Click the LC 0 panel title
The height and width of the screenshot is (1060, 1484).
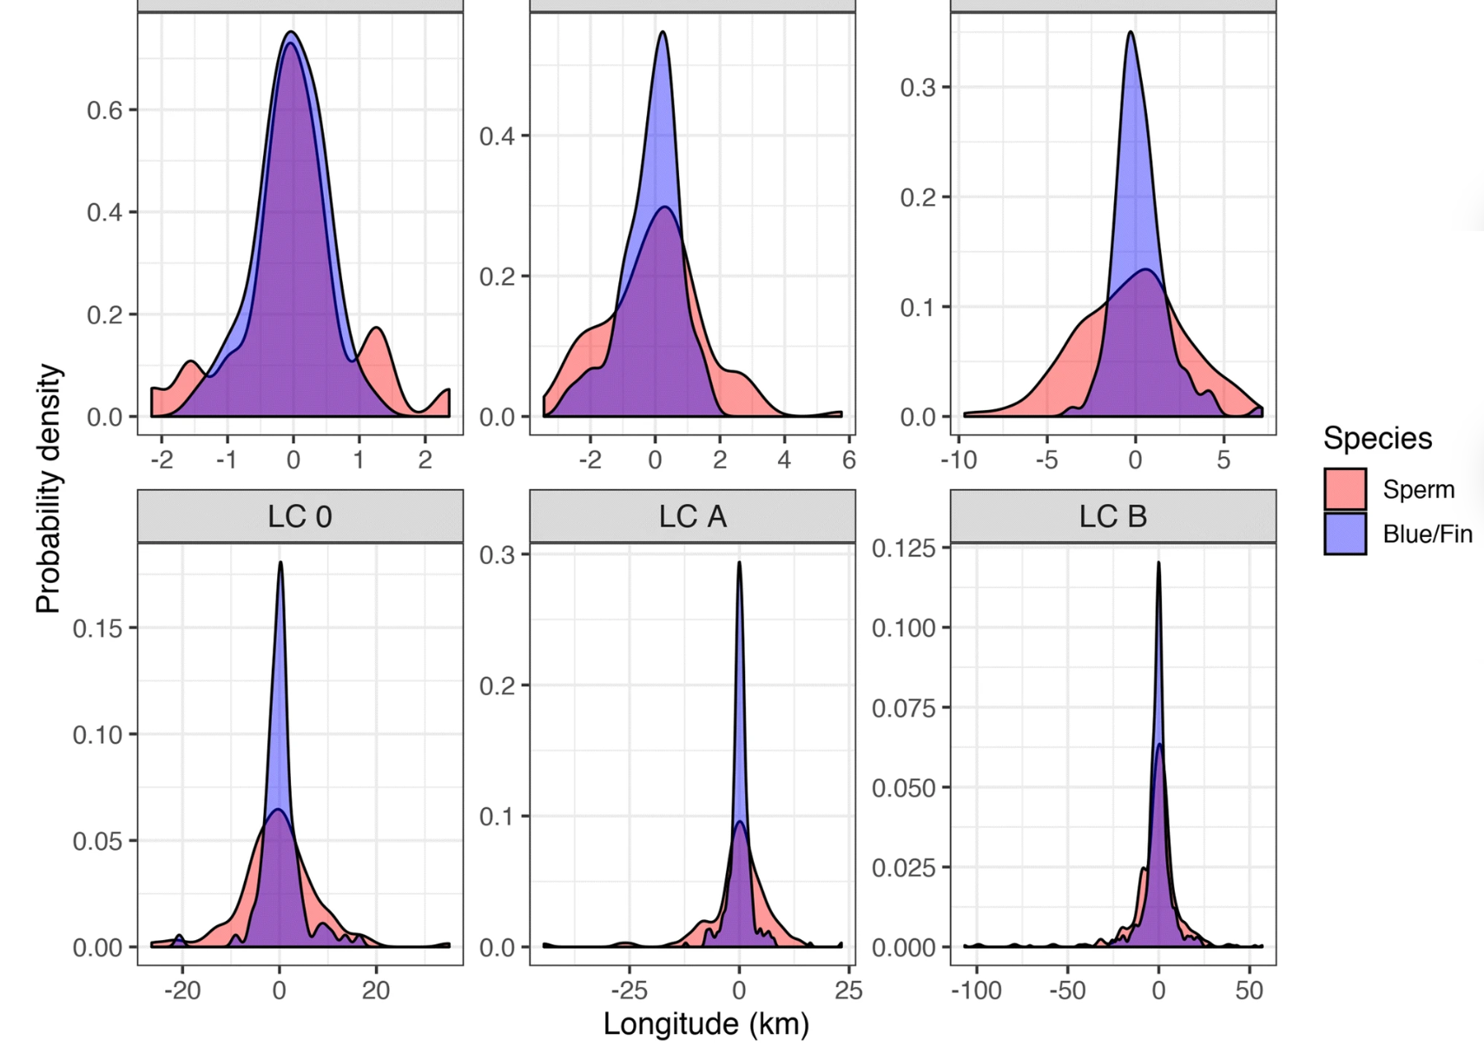pos(300,517)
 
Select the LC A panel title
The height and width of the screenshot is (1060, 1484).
pos(692,517)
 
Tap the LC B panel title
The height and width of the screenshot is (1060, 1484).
pos(1112,517)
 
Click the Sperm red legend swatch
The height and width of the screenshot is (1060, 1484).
pos(1345,489)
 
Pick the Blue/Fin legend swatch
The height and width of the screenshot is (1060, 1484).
pos(1345,533)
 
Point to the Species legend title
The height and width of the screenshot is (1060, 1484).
pos(1377,439)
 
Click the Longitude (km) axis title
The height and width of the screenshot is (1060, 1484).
pos(706,1024)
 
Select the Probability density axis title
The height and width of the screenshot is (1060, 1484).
pos(49,489)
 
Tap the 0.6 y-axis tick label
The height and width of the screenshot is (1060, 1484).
pos(105,110)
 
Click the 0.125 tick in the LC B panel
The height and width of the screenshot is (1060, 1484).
pos(904,548)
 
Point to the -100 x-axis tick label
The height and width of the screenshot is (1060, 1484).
pos(977,990)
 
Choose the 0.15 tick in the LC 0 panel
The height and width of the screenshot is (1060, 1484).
pos(98,628)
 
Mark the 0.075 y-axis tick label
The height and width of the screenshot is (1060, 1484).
pos(904,708)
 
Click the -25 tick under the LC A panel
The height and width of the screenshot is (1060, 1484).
pos(630,990)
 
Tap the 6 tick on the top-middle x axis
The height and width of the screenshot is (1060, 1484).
pos(848,460)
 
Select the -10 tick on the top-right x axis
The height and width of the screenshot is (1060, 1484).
pos(958,460)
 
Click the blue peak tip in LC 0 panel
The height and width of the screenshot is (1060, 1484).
pos(280,563)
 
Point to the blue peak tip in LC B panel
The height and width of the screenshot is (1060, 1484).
pos(1158,563)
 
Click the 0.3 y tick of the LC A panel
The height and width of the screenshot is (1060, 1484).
pos(498,555)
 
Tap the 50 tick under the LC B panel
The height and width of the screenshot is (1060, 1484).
pos(1250,990)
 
